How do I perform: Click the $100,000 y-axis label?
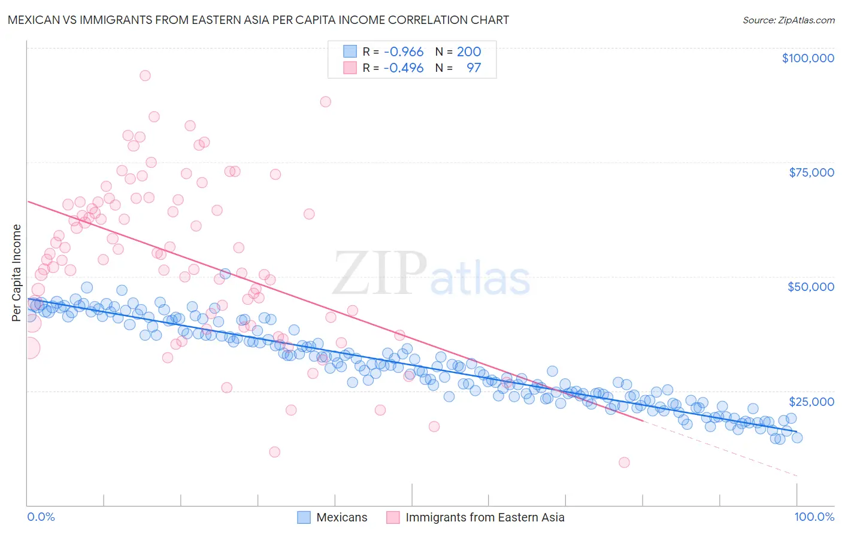pos(808,58)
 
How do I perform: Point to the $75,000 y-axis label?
pos(811,172)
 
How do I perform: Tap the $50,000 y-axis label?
pos(811,287)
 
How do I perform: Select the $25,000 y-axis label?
pos(811,402)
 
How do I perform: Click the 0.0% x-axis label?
pos(41,517)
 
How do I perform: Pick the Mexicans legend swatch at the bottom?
pos(304,517)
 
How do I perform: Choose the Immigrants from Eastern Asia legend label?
pos(485,517)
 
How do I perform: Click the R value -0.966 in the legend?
pos(403,51)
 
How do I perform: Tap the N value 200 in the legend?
pos(469,51)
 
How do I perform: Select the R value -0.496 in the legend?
pos(403,68)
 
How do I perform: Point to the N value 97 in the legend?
pos(474,68)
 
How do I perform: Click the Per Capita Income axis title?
pos(17,272)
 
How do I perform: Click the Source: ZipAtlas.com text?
pos(789,20)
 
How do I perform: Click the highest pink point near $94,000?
pos(145,75)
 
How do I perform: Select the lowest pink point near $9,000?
pos(624,462)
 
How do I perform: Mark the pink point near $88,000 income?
pos(325,102)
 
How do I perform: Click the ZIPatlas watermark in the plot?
pos(431,274)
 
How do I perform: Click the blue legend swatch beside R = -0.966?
pos(350,51)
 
